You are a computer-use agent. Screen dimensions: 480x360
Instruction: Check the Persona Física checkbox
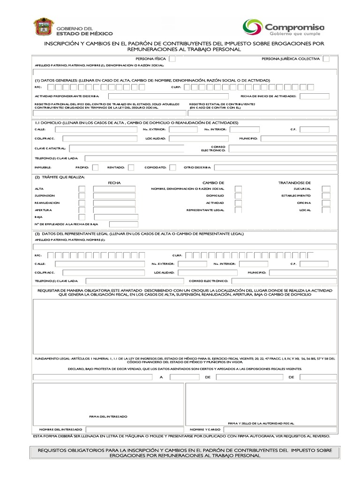point(172,59)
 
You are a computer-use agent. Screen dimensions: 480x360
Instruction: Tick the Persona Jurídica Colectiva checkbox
point(326,59)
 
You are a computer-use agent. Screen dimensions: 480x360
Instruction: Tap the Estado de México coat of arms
point(42,28)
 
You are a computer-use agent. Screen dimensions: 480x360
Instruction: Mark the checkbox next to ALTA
point(82,189)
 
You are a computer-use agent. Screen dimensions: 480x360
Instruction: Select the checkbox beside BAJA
point(82,217)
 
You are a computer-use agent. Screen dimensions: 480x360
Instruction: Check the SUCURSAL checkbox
point(326,189)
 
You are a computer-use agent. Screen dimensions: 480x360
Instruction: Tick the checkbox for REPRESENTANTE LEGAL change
point(239,210)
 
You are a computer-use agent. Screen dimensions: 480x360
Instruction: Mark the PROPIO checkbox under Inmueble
point(95,167)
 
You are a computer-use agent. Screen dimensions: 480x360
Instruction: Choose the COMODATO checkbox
point(172,167)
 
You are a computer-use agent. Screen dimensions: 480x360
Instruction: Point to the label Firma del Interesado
point(108,416)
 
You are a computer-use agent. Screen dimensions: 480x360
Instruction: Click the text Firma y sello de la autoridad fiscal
point(261,422)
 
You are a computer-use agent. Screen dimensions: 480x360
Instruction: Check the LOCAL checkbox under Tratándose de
point(326,210)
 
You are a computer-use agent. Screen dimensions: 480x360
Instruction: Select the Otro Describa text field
point(275,167)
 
